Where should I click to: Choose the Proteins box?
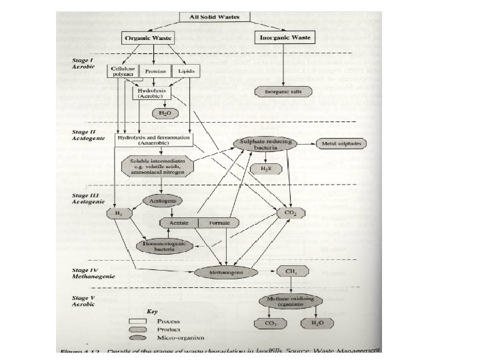tap(155, 70)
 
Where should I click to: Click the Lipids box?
tap(186, 70)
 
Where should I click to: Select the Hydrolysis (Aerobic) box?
tap(154, 92)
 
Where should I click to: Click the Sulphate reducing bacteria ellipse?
tap(265, 146)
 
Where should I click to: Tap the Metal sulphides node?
tap(341, 144)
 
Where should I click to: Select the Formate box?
tap(219, 222)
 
